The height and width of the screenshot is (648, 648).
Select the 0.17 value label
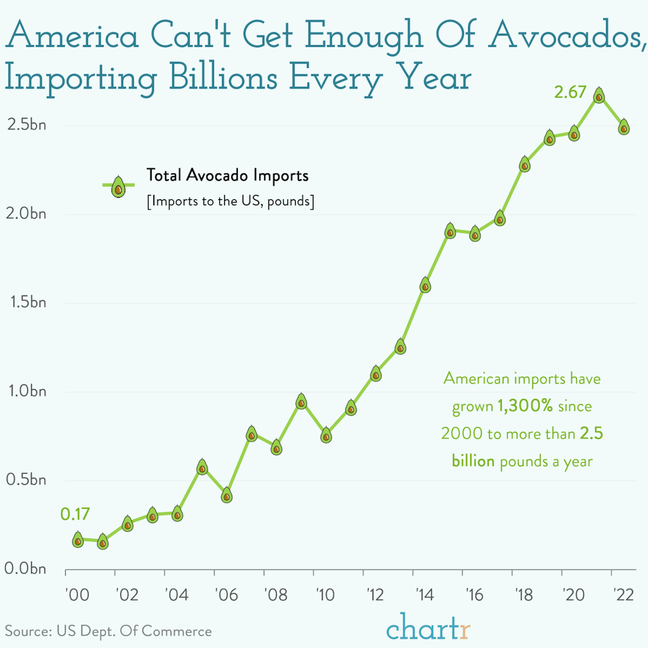coord(75,514)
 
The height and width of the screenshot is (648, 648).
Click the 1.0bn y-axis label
coord(26,391)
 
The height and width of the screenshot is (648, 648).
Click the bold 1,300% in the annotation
coord(525,406)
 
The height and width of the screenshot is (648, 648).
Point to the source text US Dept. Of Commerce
coord(134,631)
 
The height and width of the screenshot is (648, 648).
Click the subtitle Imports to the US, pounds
coord(230,201)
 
